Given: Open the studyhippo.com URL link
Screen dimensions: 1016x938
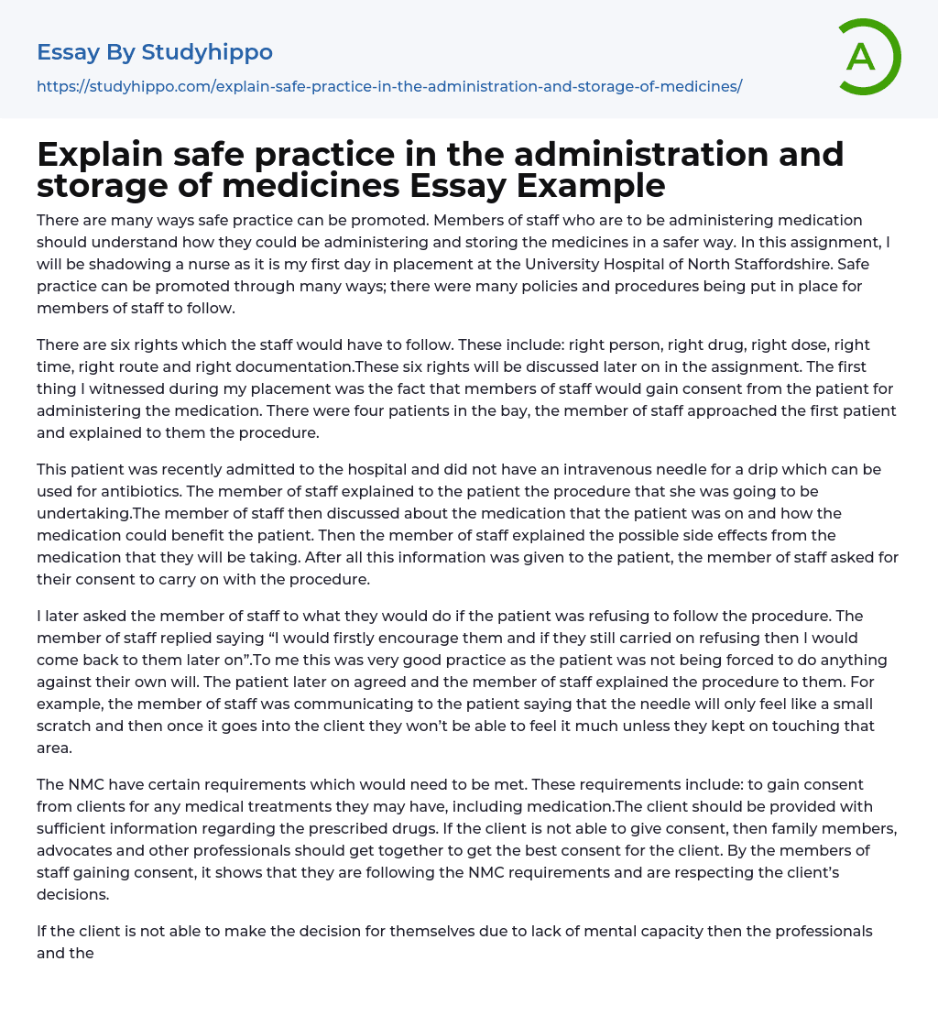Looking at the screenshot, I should tap(389, 86).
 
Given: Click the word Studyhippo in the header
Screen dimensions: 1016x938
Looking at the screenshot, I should tap(207, 52).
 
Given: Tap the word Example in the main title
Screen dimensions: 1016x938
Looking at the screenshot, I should tap(591, 185).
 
